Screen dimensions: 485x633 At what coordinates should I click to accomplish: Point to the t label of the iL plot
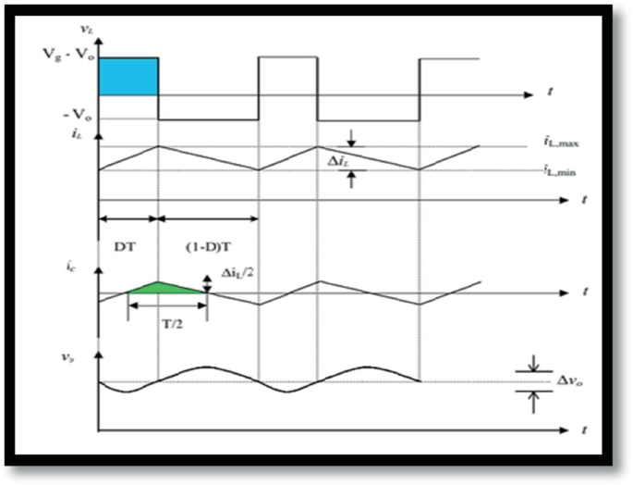tap(585, 200)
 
